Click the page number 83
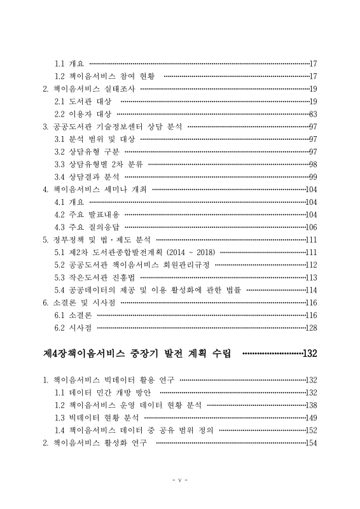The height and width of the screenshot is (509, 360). (x=313, y=114)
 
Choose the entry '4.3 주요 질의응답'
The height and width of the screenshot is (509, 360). (x=87, y=227)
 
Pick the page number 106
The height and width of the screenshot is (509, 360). (x=311, y=227)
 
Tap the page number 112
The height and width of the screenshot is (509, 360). (x=311, y=265)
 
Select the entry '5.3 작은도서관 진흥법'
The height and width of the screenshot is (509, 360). (x=95, y=277)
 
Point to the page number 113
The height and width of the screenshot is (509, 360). (x=311, y=277)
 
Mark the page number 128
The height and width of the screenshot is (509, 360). (x=311, y=328)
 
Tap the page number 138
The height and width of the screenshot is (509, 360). (x=311, y=405)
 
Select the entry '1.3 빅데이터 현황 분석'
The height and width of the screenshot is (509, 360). (x=97, y=417)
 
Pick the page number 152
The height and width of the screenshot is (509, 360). (x=311, y=430)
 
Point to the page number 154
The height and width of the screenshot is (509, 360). (x=311, y=443)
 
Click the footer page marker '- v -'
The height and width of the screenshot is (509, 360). (x=179, y=479)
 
